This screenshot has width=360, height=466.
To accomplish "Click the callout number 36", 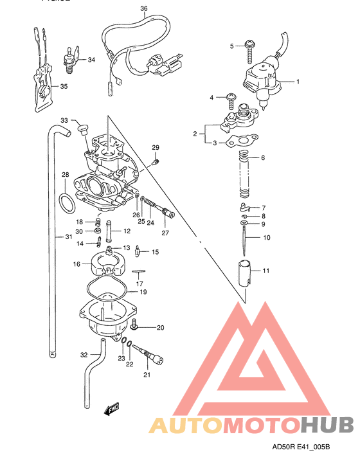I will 143,8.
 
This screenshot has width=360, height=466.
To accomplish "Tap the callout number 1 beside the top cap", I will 298,82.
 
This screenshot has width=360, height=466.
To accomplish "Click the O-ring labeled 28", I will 66,202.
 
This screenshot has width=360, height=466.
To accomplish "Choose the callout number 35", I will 63,86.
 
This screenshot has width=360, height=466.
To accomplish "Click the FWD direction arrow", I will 111,408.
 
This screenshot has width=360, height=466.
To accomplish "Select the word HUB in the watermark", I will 327,424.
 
